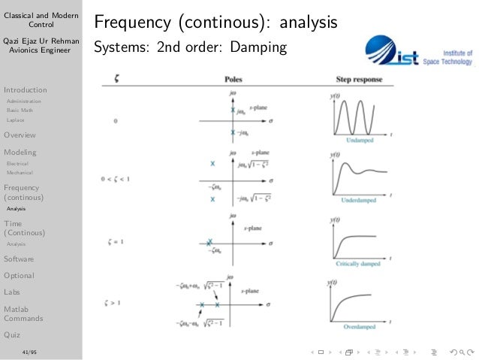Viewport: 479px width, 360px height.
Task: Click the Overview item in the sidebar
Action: pos(20,136)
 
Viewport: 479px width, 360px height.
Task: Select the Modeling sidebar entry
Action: pos(20,153)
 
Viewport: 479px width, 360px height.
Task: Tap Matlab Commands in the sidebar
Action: pos(23,313)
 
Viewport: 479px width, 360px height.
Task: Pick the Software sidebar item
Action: pos(20,259)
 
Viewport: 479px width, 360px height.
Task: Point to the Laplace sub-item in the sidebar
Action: pos(15,119)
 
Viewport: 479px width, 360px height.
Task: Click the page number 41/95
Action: pos(29,351)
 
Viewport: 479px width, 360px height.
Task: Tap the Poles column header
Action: pos(233,79)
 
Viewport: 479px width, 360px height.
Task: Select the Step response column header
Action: pos(359,79)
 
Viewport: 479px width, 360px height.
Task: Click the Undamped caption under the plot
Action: pos(359,141)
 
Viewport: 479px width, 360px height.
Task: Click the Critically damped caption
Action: pos(358,265)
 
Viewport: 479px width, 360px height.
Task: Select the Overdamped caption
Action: pos(359,328)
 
